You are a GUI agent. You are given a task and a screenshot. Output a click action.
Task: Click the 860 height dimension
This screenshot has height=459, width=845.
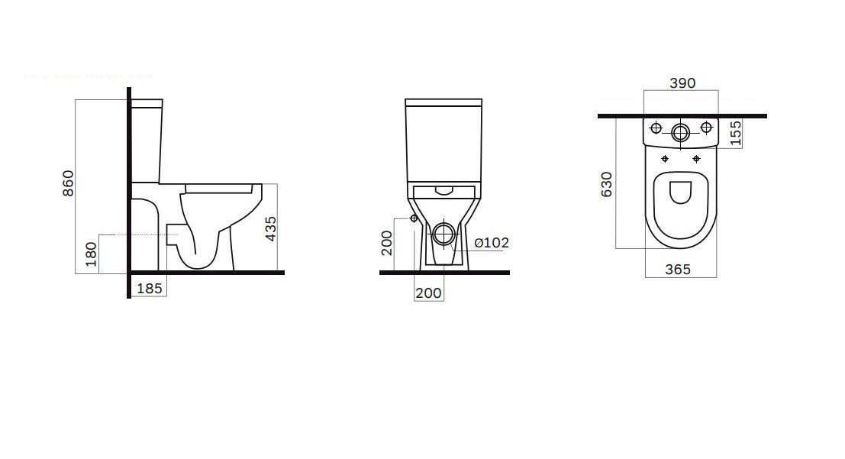click(x=68, y=183)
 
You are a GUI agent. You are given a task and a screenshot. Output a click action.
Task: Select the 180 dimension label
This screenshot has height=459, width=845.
click(x=91, y=254)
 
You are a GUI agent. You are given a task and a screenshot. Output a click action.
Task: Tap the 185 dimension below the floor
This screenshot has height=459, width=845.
click(x=150, y=289)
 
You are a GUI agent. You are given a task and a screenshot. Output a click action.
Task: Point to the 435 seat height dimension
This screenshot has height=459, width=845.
click(x=271, y=228)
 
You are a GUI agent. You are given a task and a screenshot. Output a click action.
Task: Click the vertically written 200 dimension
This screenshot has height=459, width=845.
click(x=386, y=244)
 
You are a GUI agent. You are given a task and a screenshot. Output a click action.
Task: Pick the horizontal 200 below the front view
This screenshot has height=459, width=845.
click(x=429, y=293)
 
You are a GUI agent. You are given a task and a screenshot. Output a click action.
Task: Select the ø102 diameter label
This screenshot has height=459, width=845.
click(x=492, y=243)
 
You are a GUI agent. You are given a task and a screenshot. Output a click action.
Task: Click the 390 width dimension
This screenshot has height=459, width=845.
click(x=682, y=83)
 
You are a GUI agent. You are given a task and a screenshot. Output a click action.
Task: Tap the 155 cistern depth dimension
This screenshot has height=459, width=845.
click(x=736, y=133)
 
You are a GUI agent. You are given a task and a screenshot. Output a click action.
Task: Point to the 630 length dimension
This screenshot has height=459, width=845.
click(x=607, y=185)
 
